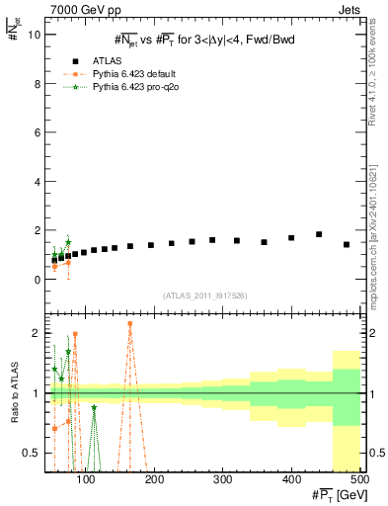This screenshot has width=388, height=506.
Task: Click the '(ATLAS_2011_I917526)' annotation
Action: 205,295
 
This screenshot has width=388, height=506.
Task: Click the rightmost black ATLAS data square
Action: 347,244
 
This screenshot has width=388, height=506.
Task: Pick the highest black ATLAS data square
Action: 319,234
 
